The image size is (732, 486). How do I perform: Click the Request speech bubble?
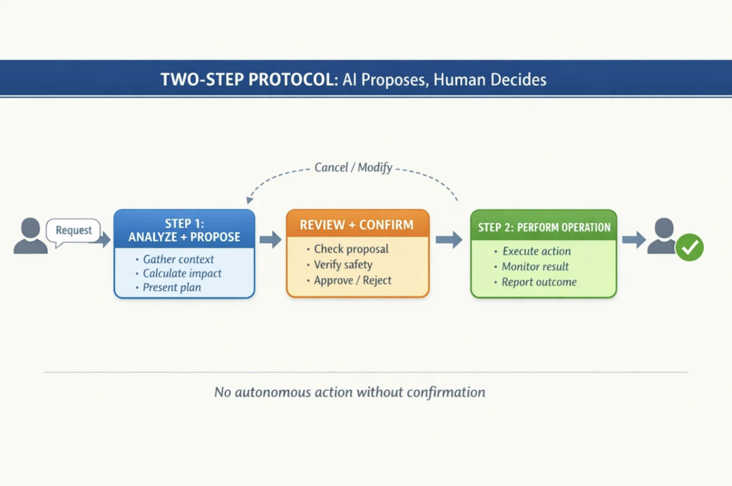click(74, 230)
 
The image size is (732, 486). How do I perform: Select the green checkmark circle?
click(690, 247)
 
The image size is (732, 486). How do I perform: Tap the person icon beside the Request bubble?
click(31, 236)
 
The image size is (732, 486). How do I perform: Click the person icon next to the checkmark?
click(661, 236)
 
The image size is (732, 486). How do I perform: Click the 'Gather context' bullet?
click(178, 259)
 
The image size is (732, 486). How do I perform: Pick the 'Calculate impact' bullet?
click(182, 274)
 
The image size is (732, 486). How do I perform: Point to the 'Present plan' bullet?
click(172, 287)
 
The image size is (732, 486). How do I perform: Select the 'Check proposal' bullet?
click(351, 249)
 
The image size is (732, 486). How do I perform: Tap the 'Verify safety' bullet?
click(343, 264)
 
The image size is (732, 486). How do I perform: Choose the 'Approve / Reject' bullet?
click(352, 280)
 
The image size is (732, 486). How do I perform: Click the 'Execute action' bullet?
click(536, 252)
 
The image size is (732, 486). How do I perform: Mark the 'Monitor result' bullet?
click(535, 267)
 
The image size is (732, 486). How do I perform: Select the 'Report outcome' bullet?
click(539, 282)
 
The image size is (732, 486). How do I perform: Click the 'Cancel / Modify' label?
click(353, 168)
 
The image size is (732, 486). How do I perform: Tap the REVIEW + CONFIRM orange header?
click(357, 224)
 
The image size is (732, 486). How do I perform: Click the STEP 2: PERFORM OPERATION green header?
click(543, 227)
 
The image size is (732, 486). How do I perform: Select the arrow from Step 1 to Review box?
click(270, 239)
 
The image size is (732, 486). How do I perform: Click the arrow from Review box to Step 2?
click(449, 239)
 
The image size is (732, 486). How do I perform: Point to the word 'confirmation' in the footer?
click(445, 392)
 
